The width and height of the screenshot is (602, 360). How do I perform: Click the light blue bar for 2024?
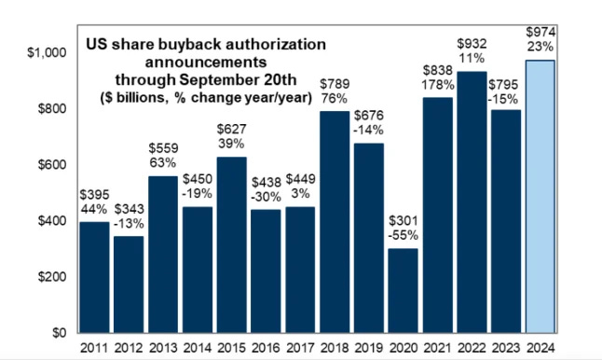tap(541, 196)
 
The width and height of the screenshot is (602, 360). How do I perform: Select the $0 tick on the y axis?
tap(57, 333)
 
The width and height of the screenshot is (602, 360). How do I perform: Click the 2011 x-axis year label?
tap(93, 348)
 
